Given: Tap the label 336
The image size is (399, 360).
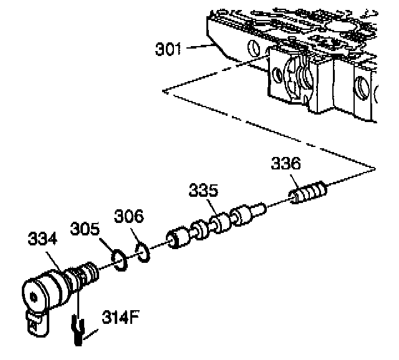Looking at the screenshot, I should point(286,164).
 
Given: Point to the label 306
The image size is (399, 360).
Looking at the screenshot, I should point(128,217).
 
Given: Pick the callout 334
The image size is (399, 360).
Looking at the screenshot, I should point(41,239).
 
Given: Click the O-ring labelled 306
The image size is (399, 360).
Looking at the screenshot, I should point(142,253).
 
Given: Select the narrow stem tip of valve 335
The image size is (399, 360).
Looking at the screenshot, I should point(261,208).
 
